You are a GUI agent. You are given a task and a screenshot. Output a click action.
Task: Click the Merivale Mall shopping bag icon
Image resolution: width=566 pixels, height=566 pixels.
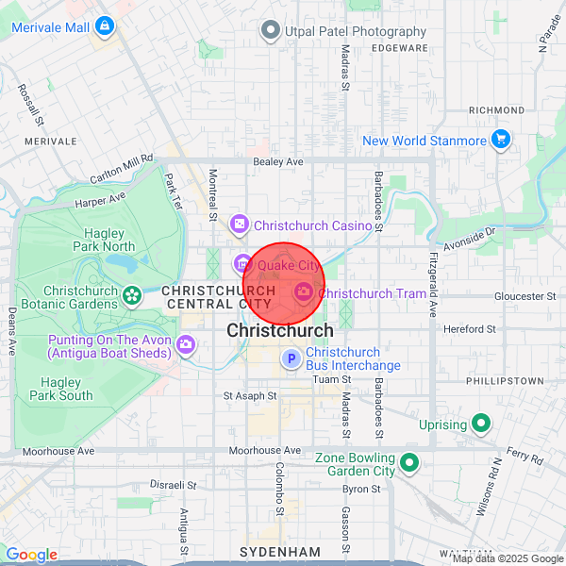[104, 25]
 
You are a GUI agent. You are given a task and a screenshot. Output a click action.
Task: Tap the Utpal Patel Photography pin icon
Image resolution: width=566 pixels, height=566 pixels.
[271, 31]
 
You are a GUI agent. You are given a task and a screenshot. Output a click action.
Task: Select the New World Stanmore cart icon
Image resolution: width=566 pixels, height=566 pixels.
[501, 141]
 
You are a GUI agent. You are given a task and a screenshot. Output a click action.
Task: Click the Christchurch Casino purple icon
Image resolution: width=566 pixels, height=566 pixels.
[240, 225]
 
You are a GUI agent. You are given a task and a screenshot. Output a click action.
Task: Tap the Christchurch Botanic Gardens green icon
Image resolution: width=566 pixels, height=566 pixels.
[130, 297]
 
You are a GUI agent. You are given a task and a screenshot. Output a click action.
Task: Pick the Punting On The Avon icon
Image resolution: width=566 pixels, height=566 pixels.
[187, 346]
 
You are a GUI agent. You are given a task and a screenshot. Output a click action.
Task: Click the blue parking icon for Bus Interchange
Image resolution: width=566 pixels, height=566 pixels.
[291, 358]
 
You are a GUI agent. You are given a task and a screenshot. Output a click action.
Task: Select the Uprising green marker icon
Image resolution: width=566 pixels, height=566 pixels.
[481, 424]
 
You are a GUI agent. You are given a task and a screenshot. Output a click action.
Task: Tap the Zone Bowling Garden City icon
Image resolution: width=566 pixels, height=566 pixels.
[409, 463]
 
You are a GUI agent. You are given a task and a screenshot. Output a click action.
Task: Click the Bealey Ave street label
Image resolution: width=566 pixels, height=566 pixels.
[278, 162]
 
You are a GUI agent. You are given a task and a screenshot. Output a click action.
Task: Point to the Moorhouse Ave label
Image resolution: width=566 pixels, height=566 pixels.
[264, 451]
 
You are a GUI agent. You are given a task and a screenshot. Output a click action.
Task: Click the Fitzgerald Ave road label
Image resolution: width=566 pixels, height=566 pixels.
[433, 283]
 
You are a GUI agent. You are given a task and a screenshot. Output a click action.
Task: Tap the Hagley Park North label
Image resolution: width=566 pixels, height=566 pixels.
[104, 240]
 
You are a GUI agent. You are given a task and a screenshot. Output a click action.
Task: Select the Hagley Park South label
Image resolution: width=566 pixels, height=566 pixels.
[61, 389]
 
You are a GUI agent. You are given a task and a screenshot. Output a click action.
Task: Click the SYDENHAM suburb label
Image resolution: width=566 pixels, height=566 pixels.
[280, 551]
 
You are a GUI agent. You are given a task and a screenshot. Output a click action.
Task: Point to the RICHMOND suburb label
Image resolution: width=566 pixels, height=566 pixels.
[496, 110]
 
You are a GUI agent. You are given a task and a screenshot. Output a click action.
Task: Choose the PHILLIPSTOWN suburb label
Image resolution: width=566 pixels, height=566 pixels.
[505, 380]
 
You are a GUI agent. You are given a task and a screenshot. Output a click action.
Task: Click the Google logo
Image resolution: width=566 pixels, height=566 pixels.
[31, 555]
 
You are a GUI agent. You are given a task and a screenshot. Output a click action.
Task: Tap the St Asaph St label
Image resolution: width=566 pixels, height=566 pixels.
[249, 396]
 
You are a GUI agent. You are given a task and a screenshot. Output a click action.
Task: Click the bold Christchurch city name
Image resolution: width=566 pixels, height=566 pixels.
[279, 331]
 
